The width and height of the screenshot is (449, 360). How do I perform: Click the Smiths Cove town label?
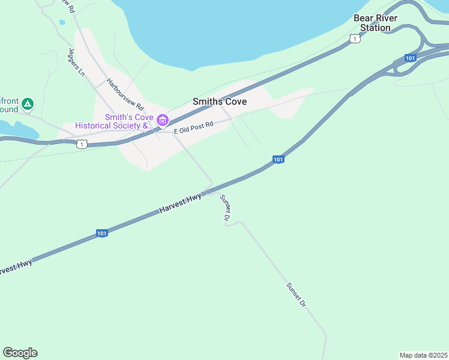(220, 102)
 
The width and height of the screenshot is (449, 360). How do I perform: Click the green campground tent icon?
(27, 104)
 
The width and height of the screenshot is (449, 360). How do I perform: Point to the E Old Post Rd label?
(193, 128)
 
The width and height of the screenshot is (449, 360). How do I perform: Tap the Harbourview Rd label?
(122, 94)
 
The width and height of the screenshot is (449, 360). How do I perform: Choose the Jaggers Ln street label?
(77, 62)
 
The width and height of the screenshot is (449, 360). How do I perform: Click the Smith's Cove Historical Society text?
(113, 121)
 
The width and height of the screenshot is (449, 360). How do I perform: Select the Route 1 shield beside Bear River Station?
(355, 39)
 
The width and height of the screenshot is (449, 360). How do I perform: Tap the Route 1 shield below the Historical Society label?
(82, 143)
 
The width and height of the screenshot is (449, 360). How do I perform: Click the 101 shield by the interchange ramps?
(411, 58)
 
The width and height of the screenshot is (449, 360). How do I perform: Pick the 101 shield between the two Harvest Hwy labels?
(101, 233)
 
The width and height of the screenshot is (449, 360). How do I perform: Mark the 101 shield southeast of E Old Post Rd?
(278, 160)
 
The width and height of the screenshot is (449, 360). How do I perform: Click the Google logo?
(20, 353)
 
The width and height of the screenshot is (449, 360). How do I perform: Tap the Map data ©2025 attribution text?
(423, 355)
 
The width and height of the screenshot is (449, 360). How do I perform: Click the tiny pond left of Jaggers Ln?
(62, 23)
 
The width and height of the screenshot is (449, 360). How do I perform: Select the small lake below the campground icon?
(15, 128)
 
